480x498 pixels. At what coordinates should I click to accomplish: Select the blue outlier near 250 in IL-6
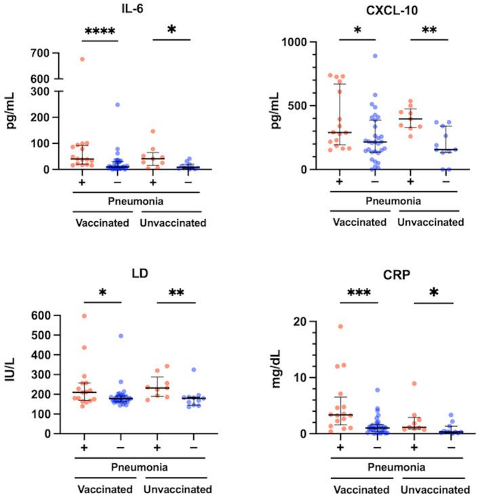click(x=98, y=104)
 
